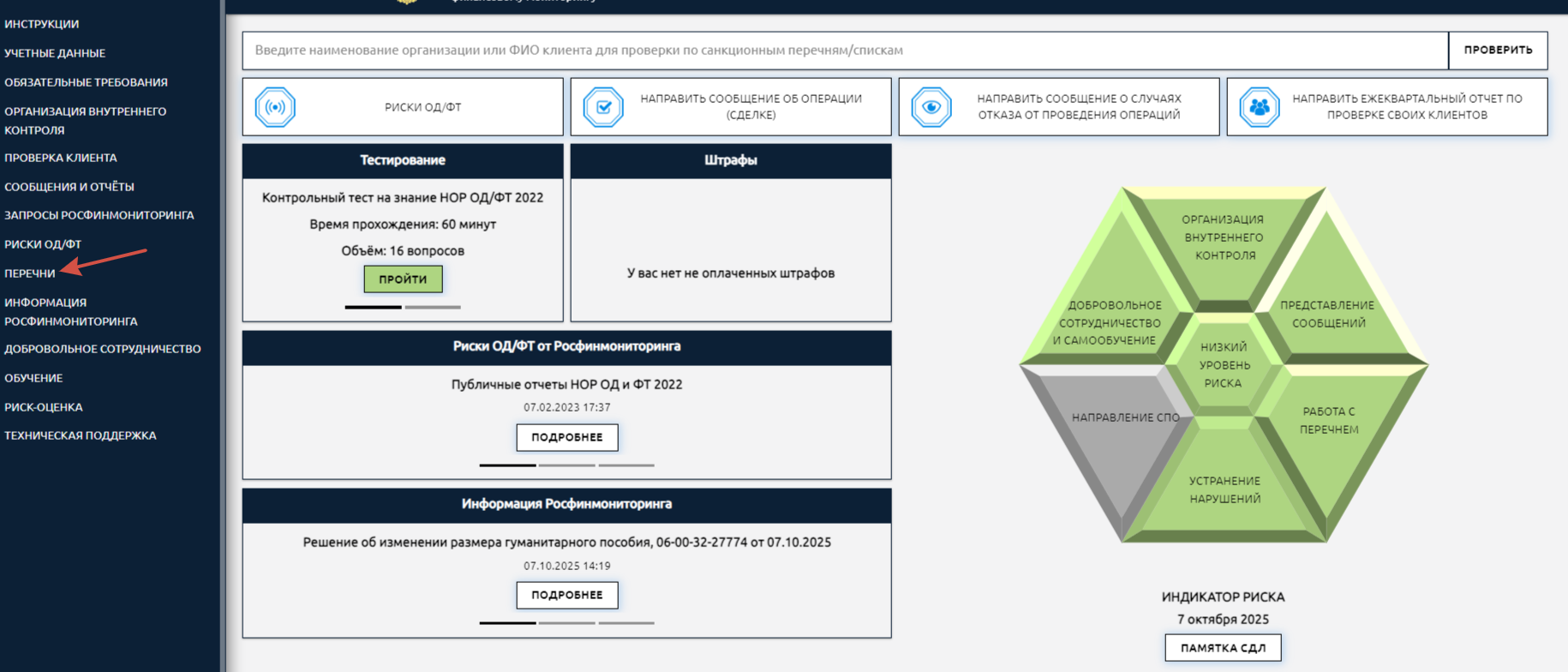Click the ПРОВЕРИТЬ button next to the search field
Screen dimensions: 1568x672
tap(1497, 50)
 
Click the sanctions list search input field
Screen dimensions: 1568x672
tap(844, 51)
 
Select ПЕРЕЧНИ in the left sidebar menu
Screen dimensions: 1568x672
tap(30, 273)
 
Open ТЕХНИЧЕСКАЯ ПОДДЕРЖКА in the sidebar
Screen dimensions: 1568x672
tap(81, 435)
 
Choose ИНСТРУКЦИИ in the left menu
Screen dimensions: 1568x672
tap(41, 24)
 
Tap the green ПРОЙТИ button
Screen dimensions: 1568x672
tap(403, 279)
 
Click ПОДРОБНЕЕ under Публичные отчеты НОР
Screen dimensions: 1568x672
tap(566, 437)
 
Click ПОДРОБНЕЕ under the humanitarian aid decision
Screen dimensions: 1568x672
tap(566, 595)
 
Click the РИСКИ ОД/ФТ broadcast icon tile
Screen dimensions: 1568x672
tap(275, 107)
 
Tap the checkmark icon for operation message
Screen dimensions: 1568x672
tap(603, 107)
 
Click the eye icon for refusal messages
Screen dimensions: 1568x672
tap(931, 107)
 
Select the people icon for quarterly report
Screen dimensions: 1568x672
tap(1259, 107)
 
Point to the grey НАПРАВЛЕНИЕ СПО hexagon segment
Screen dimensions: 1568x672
tap(1114, 429)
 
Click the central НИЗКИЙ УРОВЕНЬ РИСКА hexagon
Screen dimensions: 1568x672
tap(1224, 365)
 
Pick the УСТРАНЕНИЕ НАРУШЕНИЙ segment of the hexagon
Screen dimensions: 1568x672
tap(1224, 489)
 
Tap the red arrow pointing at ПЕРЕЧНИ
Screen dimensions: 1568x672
tap(106, 261)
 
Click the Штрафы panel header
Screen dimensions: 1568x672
tap(730, 160)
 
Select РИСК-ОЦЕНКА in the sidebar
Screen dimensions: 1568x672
tap(44, 407)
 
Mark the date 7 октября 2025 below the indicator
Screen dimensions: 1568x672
tap(1223, 619)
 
